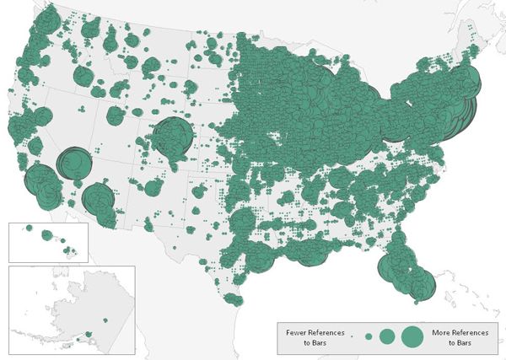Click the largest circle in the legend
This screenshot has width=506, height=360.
pos(412,336)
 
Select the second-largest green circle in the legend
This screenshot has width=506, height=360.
pos(387,336)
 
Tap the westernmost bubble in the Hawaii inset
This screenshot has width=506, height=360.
pos(28,228)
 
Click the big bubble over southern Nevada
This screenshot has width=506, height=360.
pos(73,161)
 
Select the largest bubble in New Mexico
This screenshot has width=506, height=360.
pos(153,187)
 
